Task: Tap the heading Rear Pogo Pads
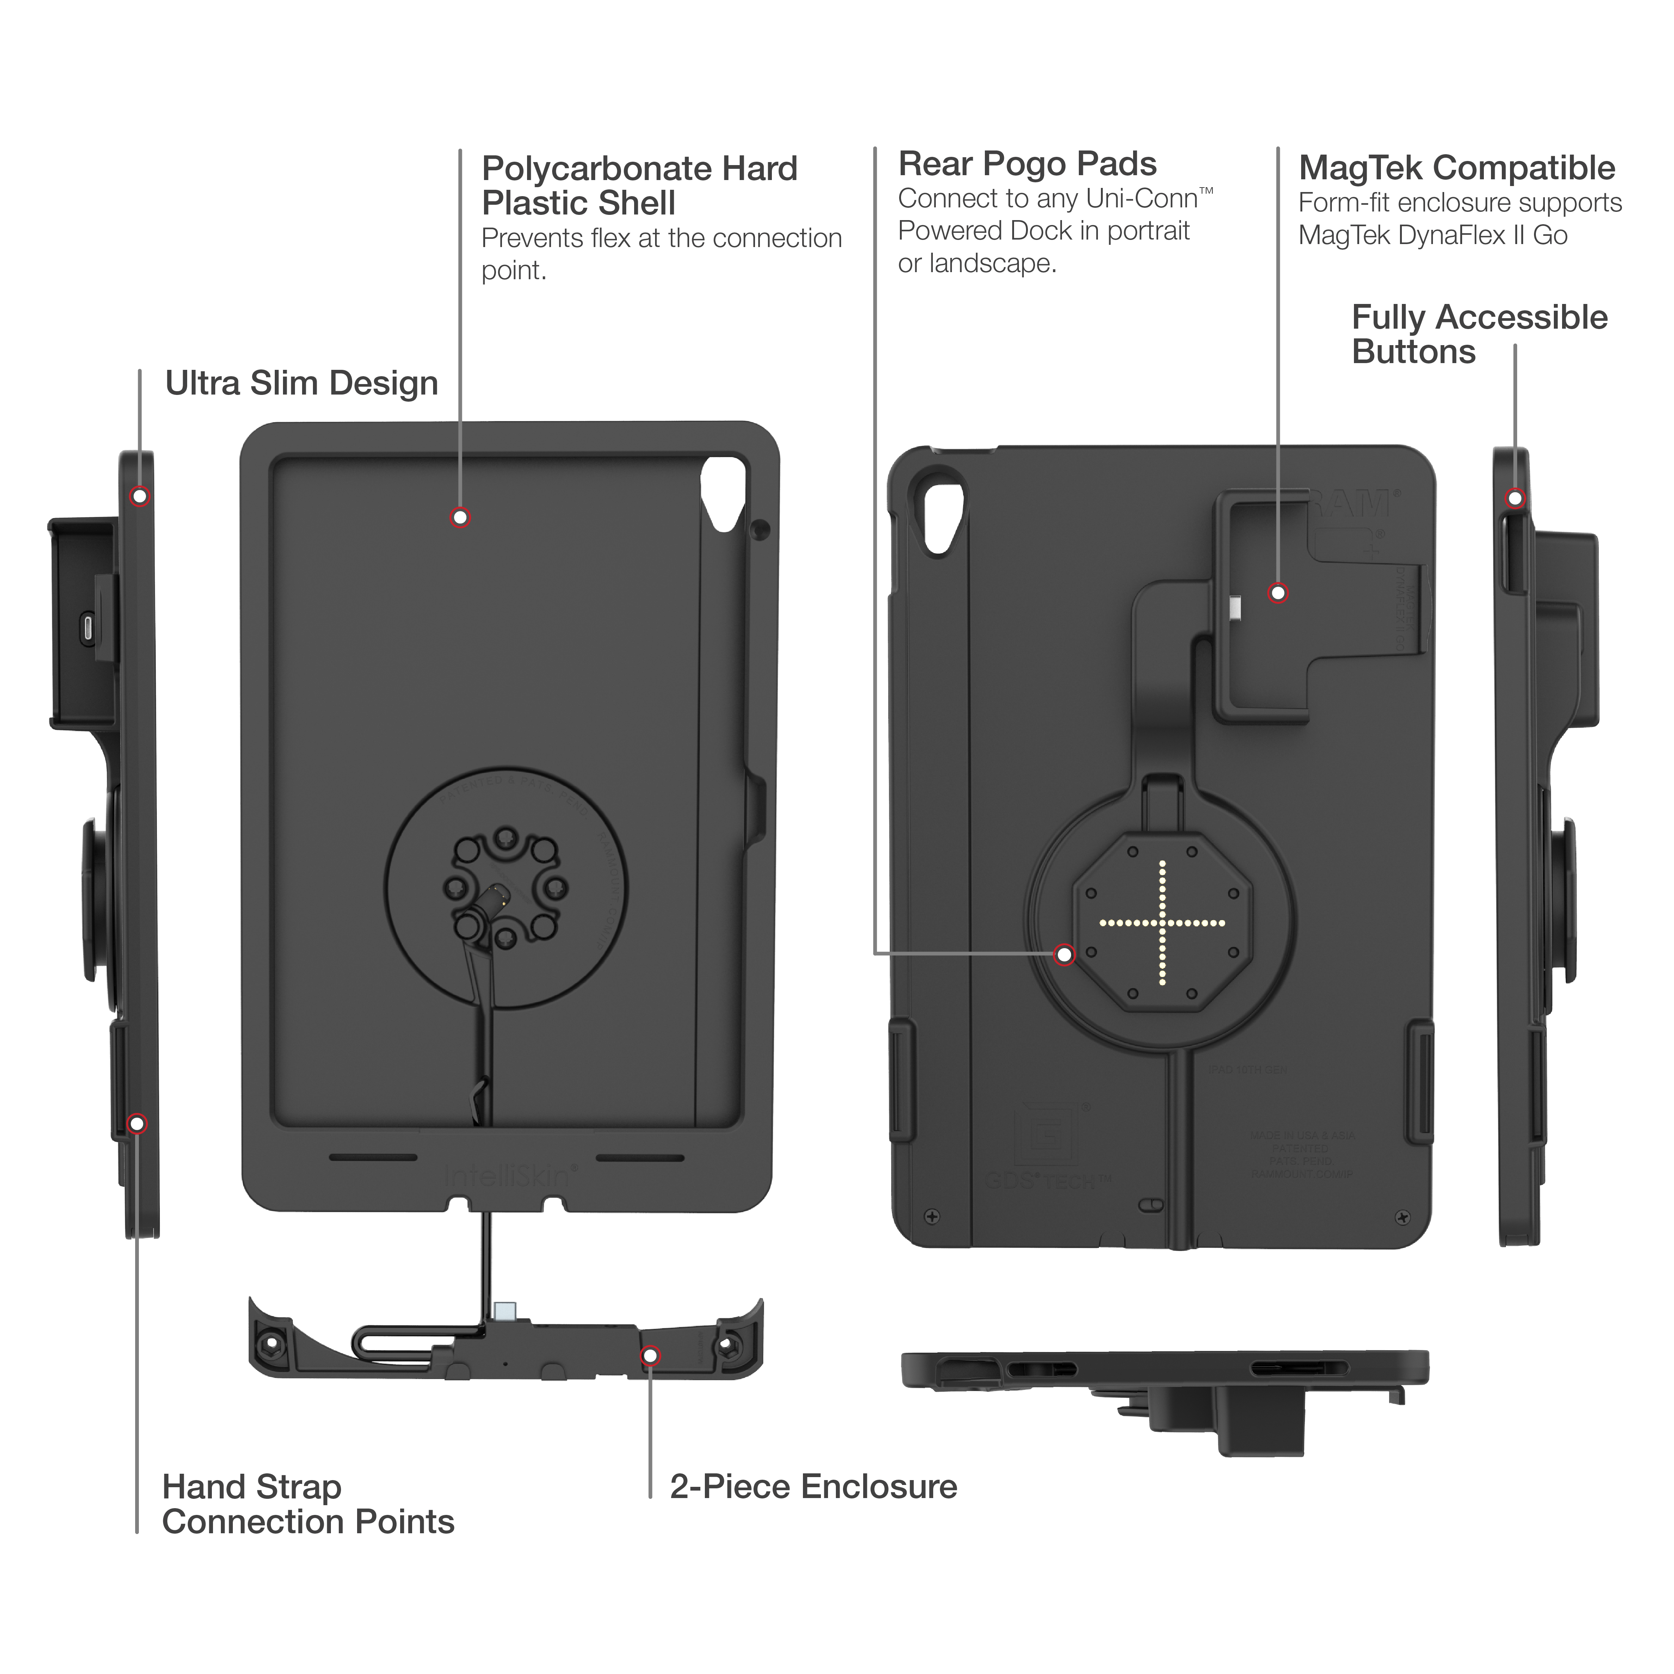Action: (x=1027, y=164)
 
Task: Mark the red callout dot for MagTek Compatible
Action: (x=1278, y=593)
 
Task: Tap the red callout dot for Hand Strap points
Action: (x=137, y=1124)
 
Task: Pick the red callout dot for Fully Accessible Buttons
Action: (x=1515, y=498)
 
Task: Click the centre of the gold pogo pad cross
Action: (x=1162, y=923)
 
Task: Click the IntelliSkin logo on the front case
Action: (x=507, y=1176)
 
